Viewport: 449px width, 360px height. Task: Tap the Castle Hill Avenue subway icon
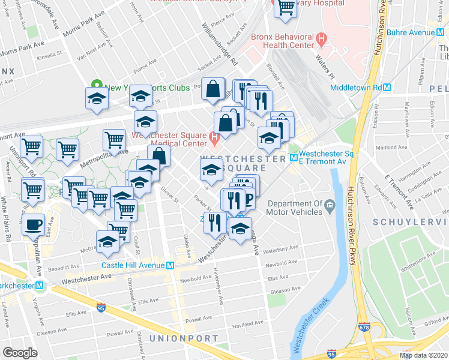[x=171, y=265]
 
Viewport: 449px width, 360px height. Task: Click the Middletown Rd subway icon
[x=388, y=87]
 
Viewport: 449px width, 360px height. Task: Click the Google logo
[x=20, y=353]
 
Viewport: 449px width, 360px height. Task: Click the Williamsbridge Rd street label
[x=220, y=44]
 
